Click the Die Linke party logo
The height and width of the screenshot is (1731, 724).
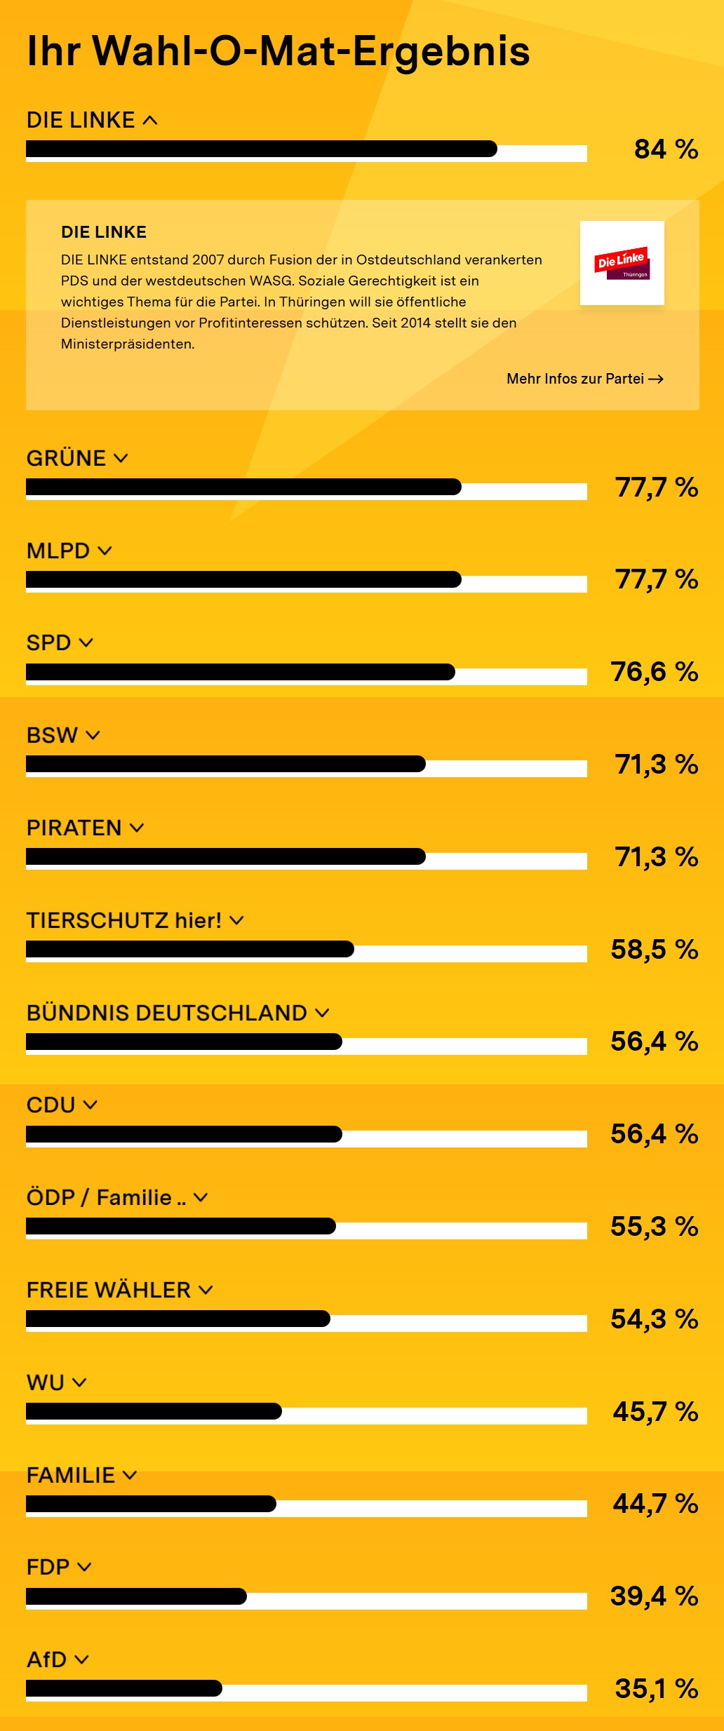pyautogui.click(x=622, y=263)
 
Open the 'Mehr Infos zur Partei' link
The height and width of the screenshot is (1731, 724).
pyautogui.click(x=584, y=379)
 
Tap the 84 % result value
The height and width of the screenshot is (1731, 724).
pyautogui.click(x=666, y=149)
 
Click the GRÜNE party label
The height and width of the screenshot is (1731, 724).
pyautogui.click(x=66, y=458)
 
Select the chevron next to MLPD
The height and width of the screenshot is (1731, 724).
pyautogui.click(x=105, y=551)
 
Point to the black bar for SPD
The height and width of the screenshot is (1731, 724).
pyautogui.click(x=240, y=672)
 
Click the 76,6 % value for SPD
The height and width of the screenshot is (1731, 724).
pyautogui.click(x=654, y=672)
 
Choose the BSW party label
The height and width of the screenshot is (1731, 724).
pyautogui.click(x=52, y=735)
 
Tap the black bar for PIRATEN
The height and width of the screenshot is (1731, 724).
pyautogui.click(x=225, y=856)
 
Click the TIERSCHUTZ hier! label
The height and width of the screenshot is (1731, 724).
pyautogui.click(x=123, y=920)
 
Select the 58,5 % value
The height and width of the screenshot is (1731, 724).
pyautogui.click(x=654, y=950)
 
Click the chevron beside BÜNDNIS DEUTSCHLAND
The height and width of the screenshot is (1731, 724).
pyautogui.click(x=322, y=1013)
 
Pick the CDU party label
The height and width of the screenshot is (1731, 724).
pyautogui.click(x=51, y=1105)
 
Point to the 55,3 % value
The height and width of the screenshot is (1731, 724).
pyautogui.click(x=654, y=1227)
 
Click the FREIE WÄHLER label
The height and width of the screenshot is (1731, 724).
pyautogui.click(x=108, y=1290)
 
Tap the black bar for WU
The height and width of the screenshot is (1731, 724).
pyautogui.click(x=154, y=1411)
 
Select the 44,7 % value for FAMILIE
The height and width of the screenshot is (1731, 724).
pyautogui.click(x=655, y=1504)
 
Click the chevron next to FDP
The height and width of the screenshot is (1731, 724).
pyautogui.click(x=84, y=1567)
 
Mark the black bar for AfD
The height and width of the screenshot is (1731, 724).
pyautogui.click(x=123, y=1688)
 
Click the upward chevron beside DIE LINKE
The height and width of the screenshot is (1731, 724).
pyautogui.click(x=150, y=121)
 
